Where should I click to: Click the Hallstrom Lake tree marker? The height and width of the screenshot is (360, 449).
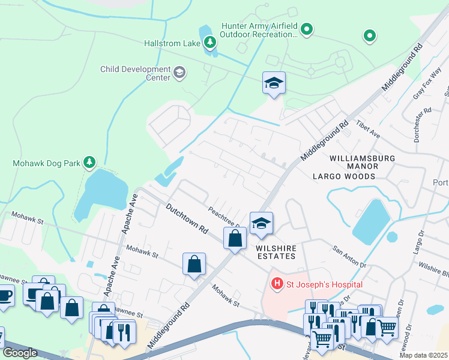[x=209, y=42]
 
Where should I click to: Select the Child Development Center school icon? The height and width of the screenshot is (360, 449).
[x=179, y=73]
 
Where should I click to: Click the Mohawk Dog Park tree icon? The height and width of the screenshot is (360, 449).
[x=89, y=162]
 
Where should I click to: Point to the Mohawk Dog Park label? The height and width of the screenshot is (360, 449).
[x=47, y=163]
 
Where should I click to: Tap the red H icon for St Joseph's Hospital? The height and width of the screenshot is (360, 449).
[x=277, y=283]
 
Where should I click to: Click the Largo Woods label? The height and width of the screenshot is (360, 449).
[x=344, y=176]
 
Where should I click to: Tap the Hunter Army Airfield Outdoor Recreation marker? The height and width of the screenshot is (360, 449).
[x=307, y=29]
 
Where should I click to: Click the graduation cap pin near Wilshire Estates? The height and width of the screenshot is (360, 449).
[x=261, y=223]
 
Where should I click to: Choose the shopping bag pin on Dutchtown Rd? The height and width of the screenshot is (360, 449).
[x=235, y=238]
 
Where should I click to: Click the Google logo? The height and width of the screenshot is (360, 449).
[x=19, y=353]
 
